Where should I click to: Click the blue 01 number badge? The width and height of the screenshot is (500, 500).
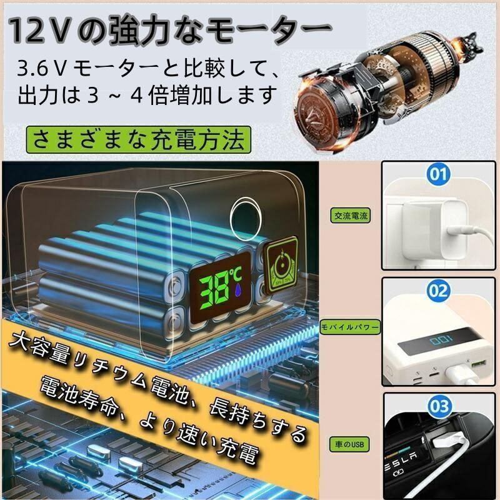[x=439, y=174]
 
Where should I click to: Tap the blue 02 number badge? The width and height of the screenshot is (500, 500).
[x=439, y=290]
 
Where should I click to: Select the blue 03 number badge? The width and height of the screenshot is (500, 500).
[x=440, y=406]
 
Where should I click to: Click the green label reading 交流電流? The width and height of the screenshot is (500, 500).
[x=351, y=216]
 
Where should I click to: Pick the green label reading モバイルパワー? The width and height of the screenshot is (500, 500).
[x=350, y=327]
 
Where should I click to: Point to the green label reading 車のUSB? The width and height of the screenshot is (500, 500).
[x=349, y=444]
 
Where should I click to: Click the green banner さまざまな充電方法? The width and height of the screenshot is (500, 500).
[x=138, y=139]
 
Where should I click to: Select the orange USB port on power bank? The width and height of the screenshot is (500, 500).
[x=477, y=364]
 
